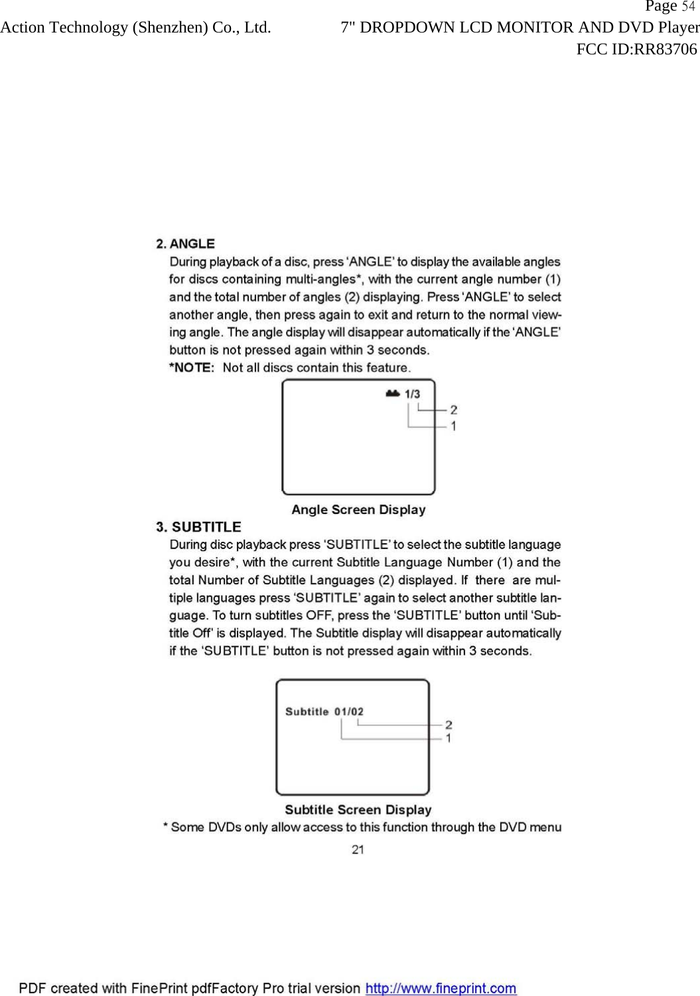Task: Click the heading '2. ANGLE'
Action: coord(185,244)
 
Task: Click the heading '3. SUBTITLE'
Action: coord(198,527)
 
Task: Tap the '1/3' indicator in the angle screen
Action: coord(412,394)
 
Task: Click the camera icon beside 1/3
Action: coord(392,393)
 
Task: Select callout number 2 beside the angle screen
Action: coord(453,410)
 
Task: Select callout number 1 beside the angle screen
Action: coord(453,426)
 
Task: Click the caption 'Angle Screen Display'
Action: coord(358,510)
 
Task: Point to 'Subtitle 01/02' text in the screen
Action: coord(324,712)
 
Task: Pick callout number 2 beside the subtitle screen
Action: coord(449,725)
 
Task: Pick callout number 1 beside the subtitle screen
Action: coord(449,738)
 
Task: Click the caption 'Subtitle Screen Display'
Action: coord(358,810)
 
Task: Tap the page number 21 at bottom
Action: coord(358,849)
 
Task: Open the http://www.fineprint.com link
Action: coord(441,988)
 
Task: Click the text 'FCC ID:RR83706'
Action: coord(636,49)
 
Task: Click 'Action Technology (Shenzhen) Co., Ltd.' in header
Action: coord(135,28)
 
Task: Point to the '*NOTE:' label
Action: coord(192,367)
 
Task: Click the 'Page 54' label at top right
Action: coord(669,7)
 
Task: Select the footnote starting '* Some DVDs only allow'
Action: coord(362,827)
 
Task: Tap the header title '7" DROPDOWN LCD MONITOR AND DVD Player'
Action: coord(520,28)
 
